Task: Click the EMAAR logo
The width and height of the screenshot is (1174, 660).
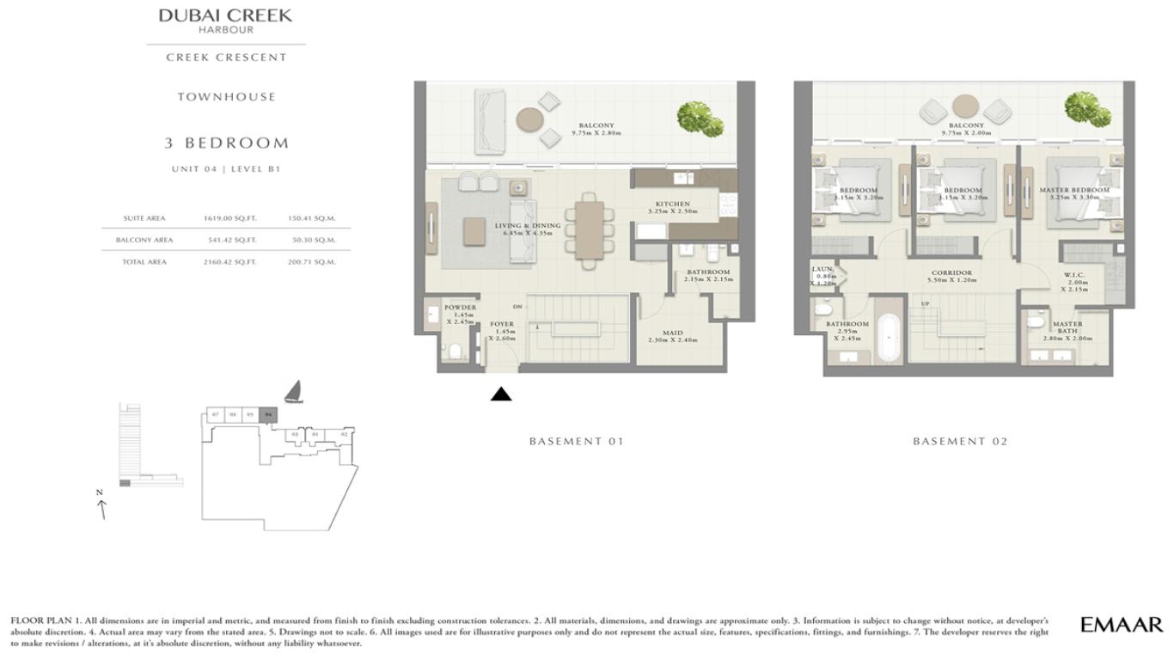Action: coord(1121,625)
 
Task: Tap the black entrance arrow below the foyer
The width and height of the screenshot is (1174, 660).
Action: coord(501,394)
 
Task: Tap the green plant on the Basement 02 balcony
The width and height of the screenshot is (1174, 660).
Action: coord(1087,109)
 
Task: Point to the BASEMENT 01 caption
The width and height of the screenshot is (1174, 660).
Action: coord(576,441)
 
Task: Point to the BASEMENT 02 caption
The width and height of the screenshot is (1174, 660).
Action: coord(960,441)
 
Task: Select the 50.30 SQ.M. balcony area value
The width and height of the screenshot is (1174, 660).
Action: coord(311,241)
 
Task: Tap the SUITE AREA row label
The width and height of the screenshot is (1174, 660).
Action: coord(144,218)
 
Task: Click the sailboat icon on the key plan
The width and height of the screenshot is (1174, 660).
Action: coord(293,392)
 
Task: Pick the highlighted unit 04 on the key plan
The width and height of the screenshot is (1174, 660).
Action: coord(268,414)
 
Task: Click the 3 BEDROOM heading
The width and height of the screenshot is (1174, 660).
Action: coord(226,143)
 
